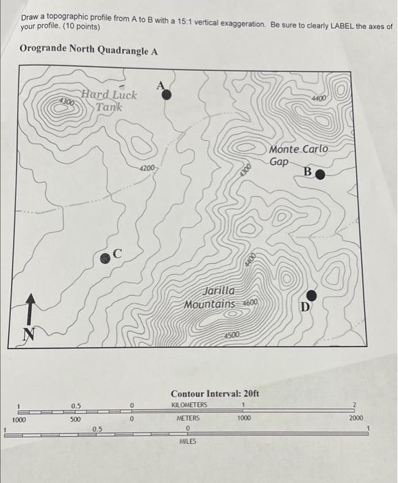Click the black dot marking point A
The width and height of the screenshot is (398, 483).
[167, 95]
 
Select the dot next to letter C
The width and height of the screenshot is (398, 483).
[105, 257]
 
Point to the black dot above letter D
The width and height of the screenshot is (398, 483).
[311, 294]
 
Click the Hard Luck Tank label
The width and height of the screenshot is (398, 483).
[109, 101]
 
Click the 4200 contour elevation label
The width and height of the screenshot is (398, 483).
[148, 168]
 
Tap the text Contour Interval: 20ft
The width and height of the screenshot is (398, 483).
[214, 393]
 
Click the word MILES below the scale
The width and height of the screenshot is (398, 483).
[188, 441]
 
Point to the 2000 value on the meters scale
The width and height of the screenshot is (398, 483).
[355, 419]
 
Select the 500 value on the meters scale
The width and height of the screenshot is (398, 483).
[76, 419]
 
